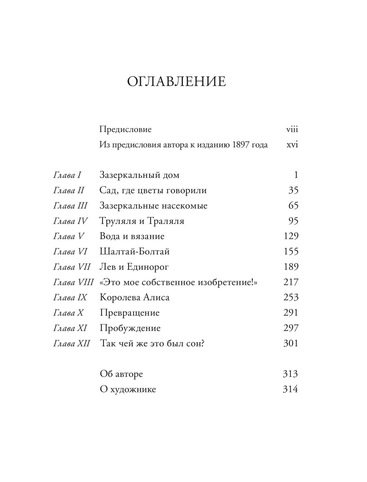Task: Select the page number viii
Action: (292, 129)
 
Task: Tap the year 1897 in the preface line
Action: (240, 145)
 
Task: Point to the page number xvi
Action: (292, 145)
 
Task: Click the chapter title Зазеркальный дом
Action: (140, 175)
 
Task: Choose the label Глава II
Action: (69, 191)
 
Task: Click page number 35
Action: (293, 191)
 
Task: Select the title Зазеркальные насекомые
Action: (154, 206)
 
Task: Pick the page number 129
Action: (291, 236)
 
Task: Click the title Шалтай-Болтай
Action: (135, 252)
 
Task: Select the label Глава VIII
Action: (73, 282)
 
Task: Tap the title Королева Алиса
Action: (135, 297)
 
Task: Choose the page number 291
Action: (291, 313)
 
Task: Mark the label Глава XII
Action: (71, 344)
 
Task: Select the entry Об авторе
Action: (121, 374)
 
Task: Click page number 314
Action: (290, 389)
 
